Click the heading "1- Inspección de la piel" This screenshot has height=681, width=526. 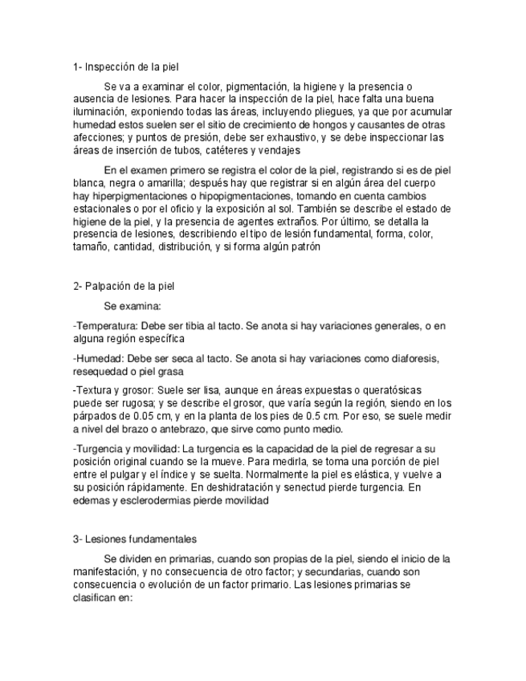pyautogui.click(x=131, y=67)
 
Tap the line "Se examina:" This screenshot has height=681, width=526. pyautogui.click(x=133, y=306)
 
